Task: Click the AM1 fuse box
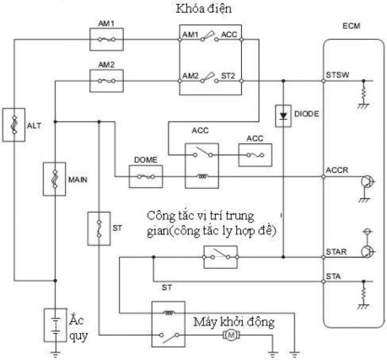106,39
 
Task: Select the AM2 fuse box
106,82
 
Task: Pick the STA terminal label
334,274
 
